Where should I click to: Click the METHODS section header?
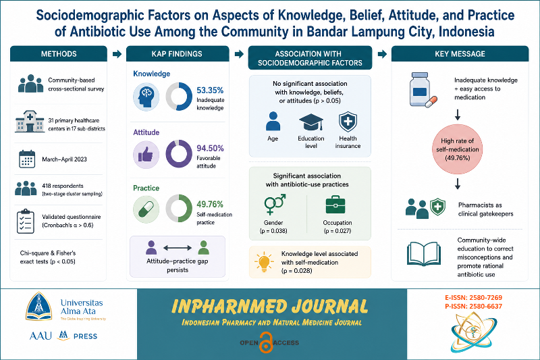pos(59,54)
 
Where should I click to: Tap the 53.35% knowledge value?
pos(210,91)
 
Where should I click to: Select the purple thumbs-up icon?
pos(146,155)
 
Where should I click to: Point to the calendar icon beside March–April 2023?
pos(27,159)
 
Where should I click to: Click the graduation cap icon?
pos(311,122)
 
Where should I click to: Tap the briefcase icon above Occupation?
pos(335,205)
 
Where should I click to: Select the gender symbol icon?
pos(275,204)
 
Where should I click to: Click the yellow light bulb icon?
pos(264,262)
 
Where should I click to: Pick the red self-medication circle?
pos(458,149)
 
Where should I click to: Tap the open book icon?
pos(423,253)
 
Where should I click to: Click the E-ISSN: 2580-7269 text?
pos(473,298)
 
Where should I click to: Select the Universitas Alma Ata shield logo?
pos(39,306)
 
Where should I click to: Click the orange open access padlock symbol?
pos(266,342)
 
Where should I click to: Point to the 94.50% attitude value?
pos(210,148)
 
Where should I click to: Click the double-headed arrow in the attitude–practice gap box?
pos(178,248)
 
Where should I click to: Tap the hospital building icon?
pos(30,122)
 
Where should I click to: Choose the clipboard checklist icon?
pos(26,221)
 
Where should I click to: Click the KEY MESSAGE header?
pos(460,54)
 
